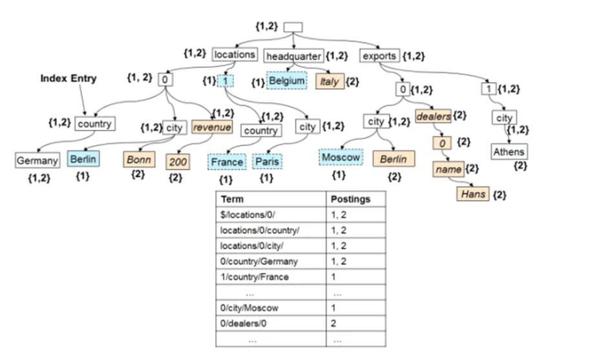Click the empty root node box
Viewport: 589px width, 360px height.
click(294, 28)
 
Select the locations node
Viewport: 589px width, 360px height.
click(234, 55)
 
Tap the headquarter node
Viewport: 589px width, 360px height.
click(294, 56)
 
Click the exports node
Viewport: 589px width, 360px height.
click(379, 56)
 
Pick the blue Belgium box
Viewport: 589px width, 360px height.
click(287, 81)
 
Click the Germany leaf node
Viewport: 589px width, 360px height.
click(37, 160)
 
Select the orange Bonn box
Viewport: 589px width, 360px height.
click(138, 159)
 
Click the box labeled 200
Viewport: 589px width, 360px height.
click(178, 162)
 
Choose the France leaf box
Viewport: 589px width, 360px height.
click(226, 162)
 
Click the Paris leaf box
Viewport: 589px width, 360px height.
click(267, 161)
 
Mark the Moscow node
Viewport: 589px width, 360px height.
click(341, 158)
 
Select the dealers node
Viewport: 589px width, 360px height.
click(433, 116)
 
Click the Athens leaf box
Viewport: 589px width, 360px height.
click(509, 153)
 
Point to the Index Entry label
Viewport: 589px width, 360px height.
click(68, 78)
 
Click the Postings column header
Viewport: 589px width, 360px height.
click(350, 198)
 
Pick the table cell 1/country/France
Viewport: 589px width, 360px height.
click(257, 277)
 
